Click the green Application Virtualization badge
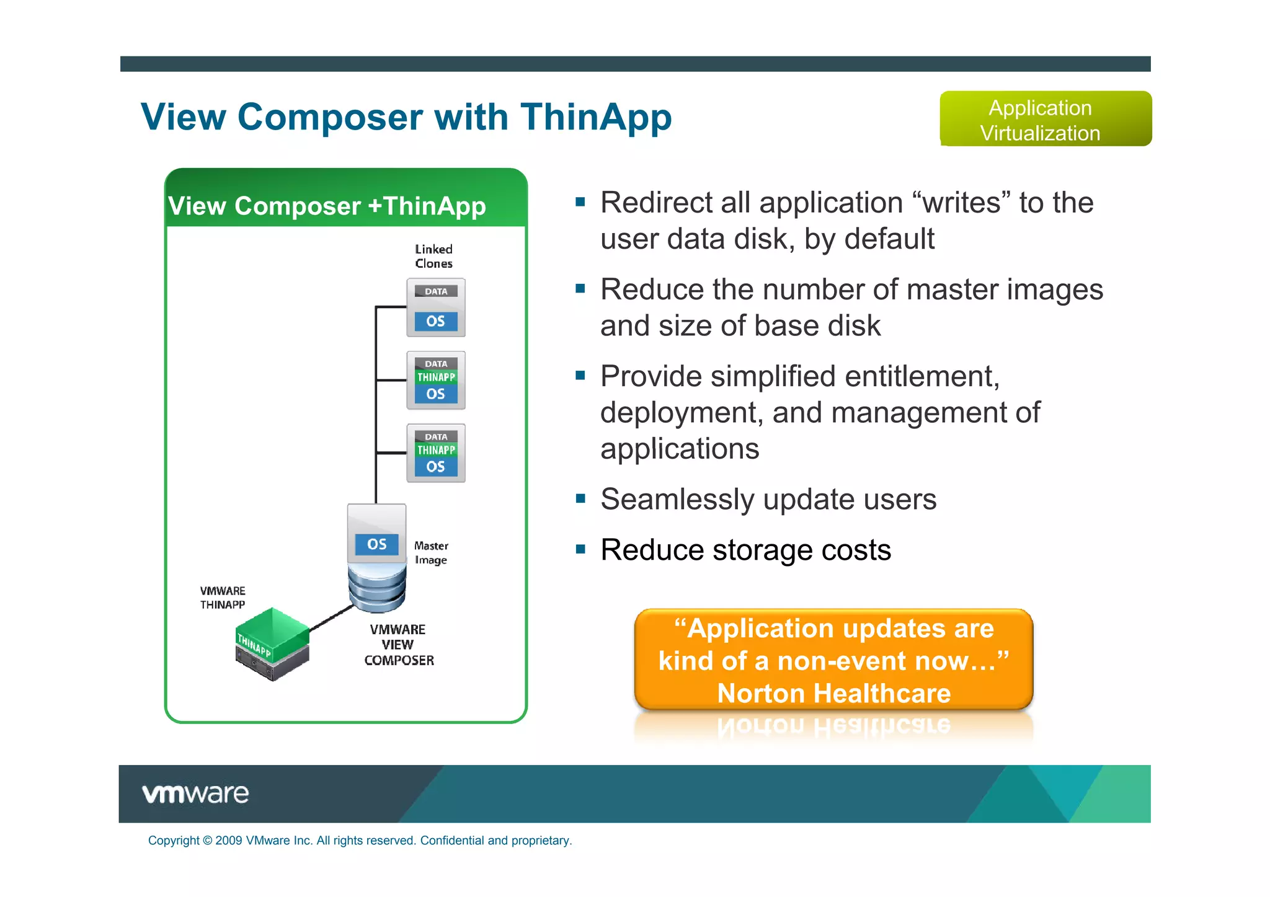1045,119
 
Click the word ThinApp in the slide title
595,117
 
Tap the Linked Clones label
433,256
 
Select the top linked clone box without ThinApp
435,307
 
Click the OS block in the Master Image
376,544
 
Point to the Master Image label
431,552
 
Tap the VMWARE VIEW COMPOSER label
398,645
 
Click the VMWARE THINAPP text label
223,598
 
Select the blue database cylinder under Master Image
376,589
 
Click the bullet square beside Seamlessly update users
580,498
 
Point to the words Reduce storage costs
745,550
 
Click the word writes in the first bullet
961,203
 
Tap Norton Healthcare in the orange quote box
833,693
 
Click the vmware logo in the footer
195,793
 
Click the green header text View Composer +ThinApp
327,206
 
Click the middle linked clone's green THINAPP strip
436,377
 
